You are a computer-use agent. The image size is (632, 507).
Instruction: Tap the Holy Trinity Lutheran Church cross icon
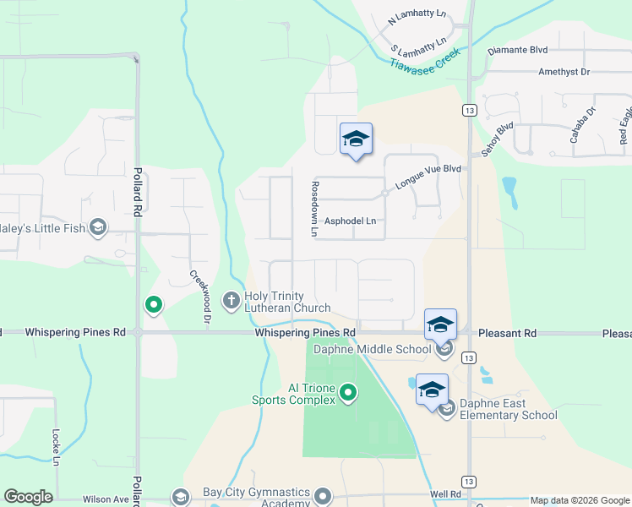(x=230, y=300)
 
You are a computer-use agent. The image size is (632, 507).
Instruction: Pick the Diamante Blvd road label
(x=518, y=50)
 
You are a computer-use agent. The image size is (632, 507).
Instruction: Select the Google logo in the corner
(x=28, y=496)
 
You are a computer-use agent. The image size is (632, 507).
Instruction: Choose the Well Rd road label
(x=444, y=493)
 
